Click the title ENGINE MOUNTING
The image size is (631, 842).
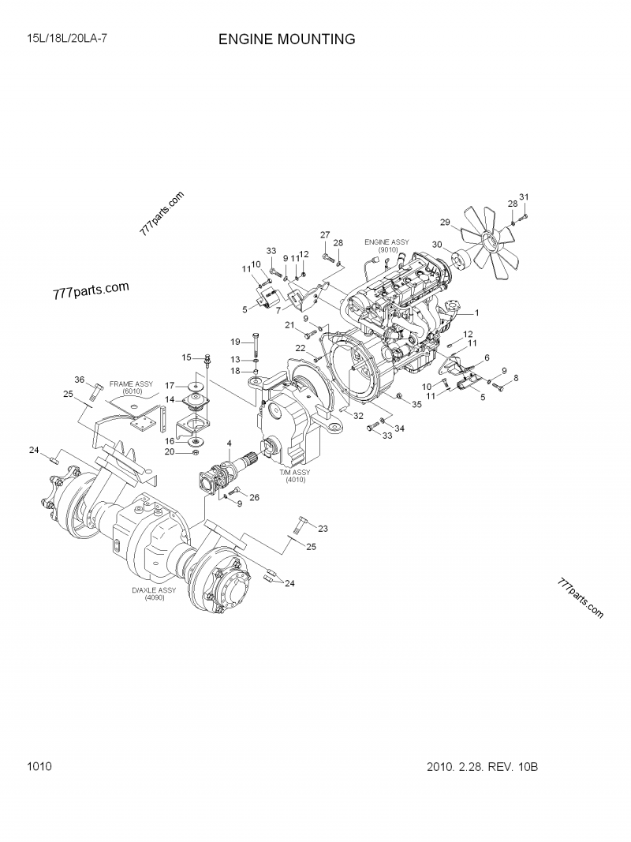point(286,39)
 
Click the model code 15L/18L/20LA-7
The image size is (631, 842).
point(67,38)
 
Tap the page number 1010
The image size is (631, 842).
point(39,766)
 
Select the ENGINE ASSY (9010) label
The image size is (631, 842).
point(386,245)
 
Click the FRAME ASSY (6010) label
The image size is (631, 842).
point(132,387)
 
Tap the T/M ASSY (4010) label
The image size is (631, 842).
point(294,476)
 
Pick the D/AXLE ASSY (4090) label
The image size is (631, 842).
point(154,593)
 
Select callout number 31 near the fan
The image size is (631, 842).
point(524,197)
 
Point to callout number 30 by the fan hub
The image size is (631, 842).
point(436,245)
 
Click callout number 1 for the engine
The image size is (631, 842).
point(476,312)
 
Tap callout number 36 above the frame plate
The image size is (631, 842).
point(80,380)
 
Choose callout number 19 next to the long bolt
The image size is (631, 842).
point(235,342)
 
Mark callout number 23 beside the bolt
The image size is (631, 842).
point(323,528)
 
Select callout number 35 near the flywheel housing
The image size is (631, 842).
point(416,404)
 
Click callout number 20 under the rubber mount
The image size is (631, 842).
point(169,451)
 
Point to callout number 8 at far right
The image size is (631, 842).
point(516,379)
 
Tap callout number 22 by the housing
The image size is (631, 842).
point(301,348)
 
